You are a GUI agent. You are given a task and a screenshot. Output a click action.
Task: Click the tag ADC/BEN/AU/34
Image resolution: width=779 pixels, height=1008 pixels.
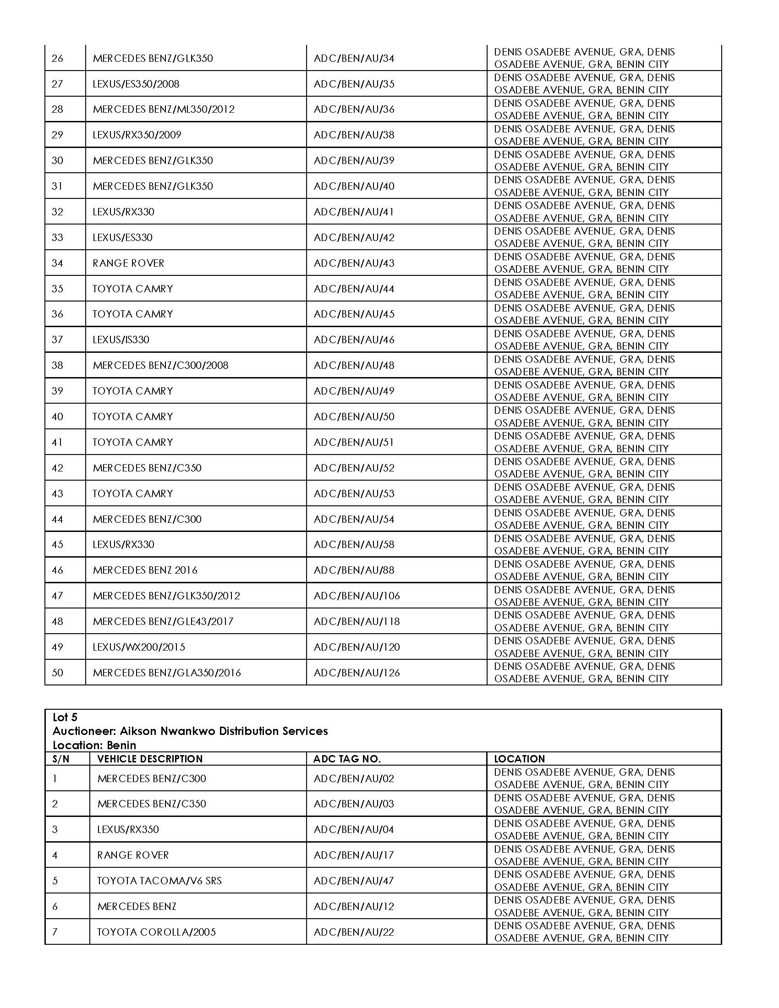(353, 58)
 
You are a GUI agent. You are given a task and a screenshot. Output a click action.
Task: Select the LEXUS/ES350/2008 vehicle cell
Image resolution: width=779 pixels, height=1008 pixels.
(136, 84)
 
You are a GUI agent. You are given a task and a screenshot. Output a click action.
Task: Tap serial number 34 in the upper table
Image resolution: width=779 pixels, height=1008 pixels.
(57, 263)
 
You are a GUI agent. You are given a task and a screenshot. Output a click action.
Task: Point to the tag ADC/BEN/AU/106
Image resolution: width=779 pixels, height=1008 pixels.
(356, 596)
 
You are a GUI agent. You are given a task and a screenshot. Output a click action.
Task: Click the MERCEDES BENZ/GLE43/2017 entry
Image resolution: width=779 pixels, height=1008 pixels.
(163, 621)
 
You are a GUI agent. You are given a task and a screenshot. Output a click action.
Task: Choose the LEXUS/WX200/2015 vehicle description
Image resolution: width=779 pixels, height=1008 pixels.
(138, 647)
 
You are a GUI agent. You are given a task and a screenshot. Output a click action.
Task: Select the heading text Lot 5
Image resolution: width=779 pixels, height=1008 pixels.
(65, 717)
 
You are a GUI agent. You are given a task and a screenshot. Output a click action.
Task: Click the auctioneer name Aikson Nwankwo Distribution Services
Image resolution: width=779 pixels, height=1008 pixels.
(223, 731)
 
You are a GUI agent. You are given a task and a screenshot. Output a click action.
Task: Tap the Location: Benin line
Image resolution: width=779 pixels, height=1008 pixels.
(94, 745)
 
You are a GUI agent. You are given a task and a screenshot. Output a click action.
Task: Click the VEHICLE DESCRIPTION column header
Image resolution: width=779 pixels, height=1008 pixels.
(149, 759)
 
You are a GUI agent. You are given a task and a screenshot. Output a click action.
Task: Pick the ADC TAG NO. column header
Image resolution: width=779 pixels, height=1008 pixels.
(346, 759)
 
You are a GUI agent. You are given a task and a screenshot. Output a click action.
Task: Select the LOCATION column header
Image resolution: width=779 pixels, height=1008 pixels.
(519, 759)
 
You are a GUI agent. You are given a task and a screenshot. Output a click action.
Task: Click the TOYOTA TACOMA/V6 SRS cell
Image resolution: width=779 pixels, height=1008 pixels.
(159, 881)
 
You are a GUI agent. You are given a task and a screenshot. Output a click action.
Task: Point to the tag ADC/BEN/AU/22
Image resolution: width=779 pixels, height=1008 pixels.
(353, 932)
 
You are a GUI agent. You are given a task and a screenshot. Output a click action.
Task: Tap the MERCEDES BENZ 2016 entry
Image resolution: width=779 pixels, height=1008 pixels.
(145, 570)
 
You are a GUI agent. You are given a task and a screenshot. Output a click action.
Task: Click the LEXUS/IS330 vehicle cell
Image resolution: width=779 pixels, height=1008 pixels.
(121, 340)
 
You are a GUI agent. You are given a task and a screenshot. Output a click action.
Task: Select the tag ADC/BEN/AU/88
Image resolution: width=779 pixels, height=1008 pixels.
(353, 570)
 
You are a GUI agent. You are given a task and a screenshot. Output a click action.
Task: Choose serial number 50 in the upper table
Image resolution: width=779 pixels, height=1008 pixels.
(57, 673)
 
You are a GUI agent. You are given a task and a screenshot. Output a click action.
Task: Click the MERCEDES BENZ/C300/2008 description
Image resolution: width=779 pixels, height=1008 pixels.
(160, 365)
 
